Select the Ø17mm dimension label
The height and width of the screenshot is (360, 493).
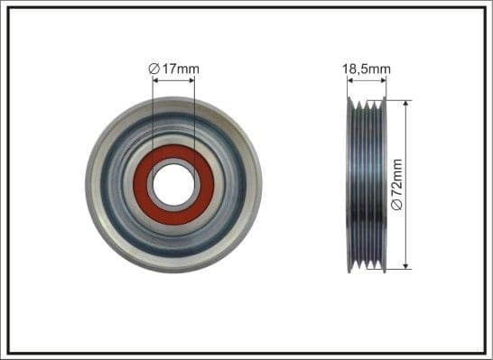pos(173,68)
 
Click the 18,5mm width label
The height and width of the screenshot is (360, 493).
pos(366,67)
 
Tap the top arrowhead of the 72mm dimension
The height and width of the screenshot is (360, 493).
pos(405,104)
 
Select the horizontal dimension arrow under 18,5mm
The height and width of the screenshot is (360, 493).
pos(366,80)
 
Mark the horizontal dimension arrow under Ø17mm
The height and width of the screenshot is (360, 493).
pos(173,80)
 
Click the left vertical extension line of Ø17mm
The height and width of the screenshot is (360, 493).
pos(153,117)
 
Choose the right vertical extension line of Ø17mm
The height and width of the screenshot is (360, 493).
pos(194,117)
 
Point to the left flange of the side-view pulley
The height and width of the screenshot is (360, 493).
pos(349,185)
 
